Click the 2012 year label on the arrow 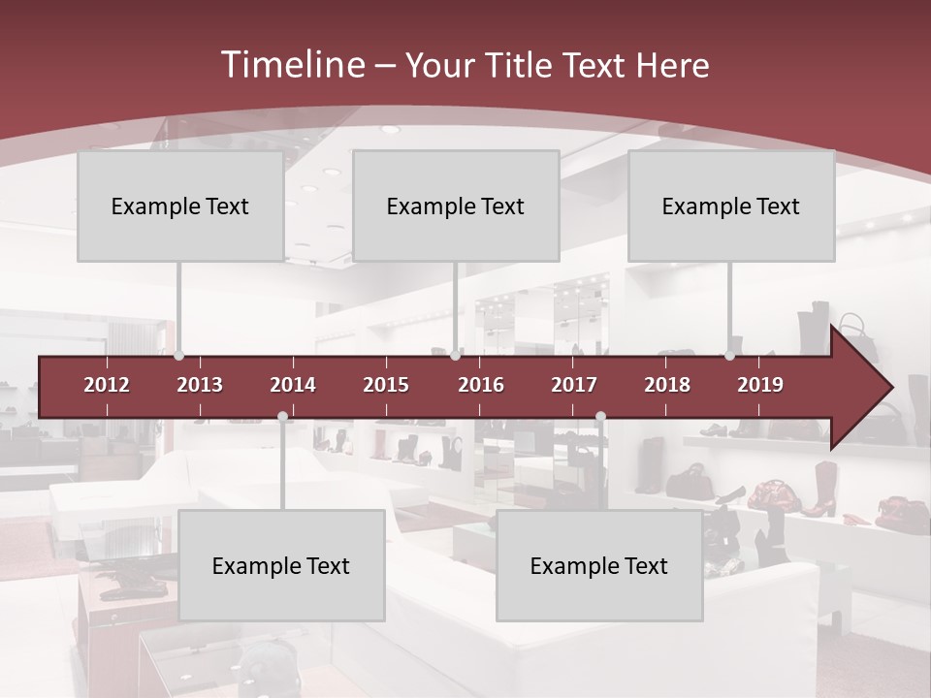click(x=107, y=385)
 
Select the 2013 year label click(x=200, y=385)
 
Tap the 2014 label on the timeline click(x=293, y=385)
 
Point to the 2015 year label click(x=386, y=385)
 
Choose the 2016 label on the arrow click(x=481, y=385)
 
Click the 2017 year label click(x=574, y=385)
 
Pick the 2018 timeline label click(x=667, y=385)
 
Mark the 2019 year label click(x=760, y=385)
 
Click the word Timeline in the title click(x=291, y=65)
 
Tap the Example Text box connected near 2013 click(x=180, y=206)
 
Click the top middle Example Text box click(x=456, y=206)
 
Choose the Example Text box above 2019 click(x=731, y=206)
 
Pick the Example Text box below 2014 click(x=281, y=566)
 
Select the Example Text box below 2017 click(x=599, y=566)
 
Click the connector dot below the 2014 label click(x=282, y=417)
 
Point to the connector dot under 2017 click(x=600, y=417)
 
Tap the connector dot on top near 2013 click(x=179, y=355)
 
